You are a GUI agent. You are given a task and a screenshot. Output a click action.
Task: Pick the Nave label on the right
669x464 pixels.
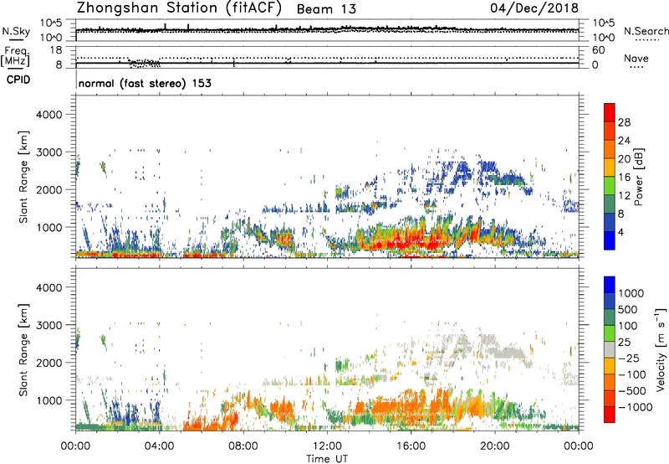click(x=637, y=59)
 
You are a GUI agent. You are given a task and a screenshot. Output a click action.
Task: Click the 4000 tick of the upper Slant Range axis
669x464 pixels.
click(x=54, y=113)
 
